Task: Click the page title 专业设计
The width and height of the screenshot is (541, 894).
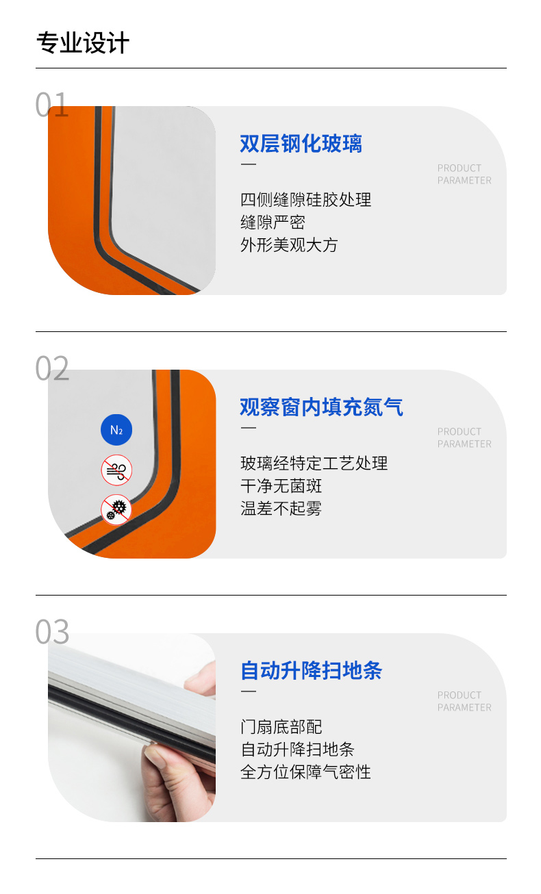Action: coord(83,42)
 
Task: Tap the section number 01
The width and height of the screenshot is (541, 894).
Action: coord(52,105)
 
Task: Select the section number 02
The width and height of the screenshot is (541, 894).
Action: coord(52,368)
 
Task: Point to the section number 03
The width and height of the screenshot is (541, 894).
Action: coord(52,631)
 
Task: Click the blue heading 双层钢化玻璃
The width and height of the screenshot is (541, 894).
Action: coord(301,143)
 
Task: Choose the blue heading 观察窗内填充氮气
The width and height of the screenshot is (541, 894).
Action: coord(321,407)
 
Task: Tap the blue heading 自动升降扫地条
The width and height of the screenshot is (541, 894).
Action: coord(312,671)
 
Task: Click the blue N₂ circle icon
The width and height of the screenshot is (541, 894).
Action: coord(116,430)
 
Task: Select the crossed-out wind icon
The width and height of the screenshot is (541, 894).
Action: coord(116,470)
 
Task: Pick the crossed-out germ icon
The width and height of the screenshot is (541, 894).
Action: coord(116,510)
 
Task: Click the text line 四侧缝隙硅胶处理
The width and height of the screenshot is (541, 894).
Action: coord(306,200)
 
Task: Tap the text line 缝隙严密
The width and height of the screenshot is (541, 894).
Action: coord(273,222)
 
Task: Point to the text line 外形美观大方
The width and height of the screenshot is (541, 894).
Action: coord(289,245)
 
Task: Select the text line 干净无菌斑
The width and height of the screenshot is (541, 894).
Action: coord(281,486)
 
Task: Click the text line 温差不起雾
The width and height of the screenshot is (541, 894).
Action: coord(281,509)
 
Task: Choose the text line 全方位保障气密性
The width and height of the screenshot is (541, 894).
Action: coord(305,772)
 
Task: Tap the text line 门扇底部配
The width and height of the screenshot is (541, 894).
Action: coord(281,727)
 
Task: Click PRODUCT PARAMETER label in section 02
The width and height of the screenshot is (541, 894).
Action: coord(464,438)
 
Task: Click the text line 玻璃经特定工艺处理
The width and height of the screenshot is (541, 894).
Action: coord(314,463)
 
